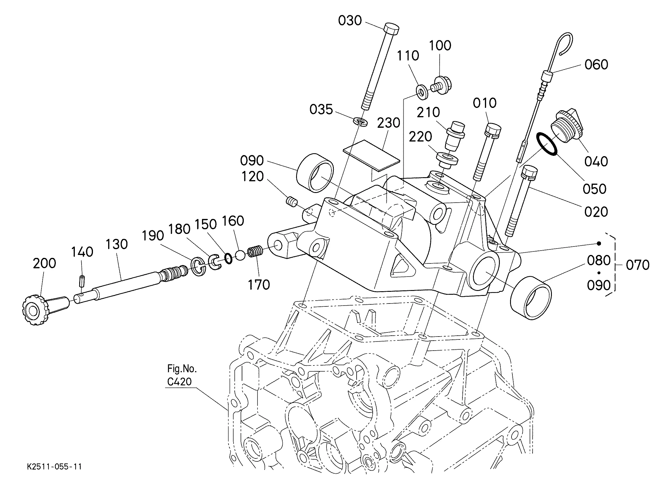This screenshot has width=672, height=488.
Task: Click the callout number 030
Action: click(350, 21)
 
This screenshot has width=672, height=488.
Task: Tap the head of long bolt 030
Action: click(391, 29)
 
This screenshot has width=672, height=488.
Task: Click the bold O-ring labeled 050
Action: click(546, 144)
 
